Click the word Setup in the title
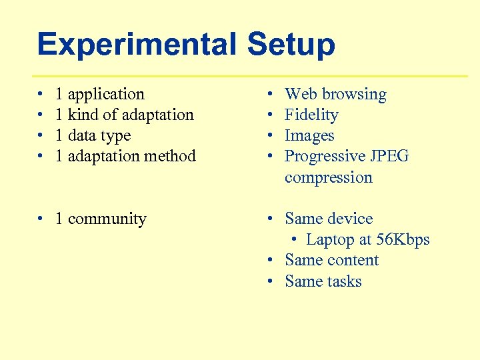click(x=291, y=45)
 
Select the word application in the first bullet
click(x=106, y=94)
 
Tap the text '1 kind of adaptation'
click(x=125, y=115)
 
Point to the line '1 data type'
click(x=93, y=135)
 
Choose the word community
click(x=107, y=219)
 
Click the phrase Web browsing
click(x=335, y=94)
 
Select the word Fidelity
click(x=311, y=115)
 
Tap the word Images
click(x=309, y=135)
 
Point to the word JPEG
click(x=390, y=156)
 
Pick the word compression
click(x=328, y=177)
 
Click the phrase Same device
click(x=329, y=219)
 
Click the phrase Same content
click(x=331, y=260)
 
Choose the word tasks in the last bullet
click(x=343, y=281)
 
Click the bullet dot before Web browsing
click(x=269, y=95)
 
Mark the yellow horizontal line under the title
click(x=250, y=76)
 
